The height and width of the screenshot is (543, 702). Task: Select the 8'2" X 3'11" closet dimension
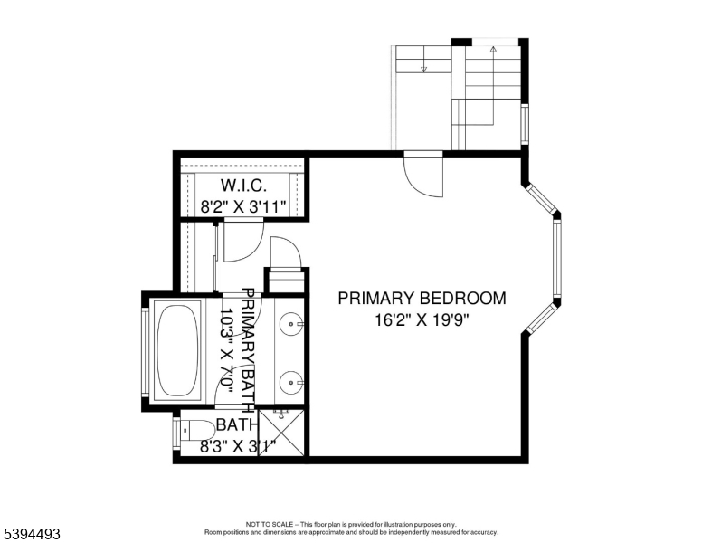tap(242, 205)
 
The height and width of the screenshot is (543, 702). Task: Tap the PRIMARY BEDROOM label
tap(422, 298)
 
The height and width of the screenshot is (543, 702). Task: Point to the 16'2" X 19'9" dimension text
tap(422, 319)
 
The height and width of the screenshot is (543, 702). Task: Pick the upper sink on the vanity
tap(289, 320)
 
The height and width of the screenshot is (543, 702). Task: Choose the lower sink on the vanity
tap(289, 381)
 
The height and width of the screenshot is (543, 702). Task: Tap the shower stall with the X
tap(281, 433)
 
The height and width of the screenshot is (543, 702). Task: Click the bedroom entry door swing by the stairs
tap(423, 174)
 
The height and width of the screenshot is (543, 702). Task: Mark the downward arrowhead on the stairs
tap(422, 68)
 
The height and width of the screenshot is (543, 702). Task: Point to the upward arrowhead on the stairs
tap(493, 51)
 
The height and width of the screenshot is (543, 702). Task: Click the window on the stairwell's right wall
tap(525, 124)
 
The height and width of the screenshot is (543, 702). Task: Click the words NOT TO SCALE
tap(267, 524)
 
